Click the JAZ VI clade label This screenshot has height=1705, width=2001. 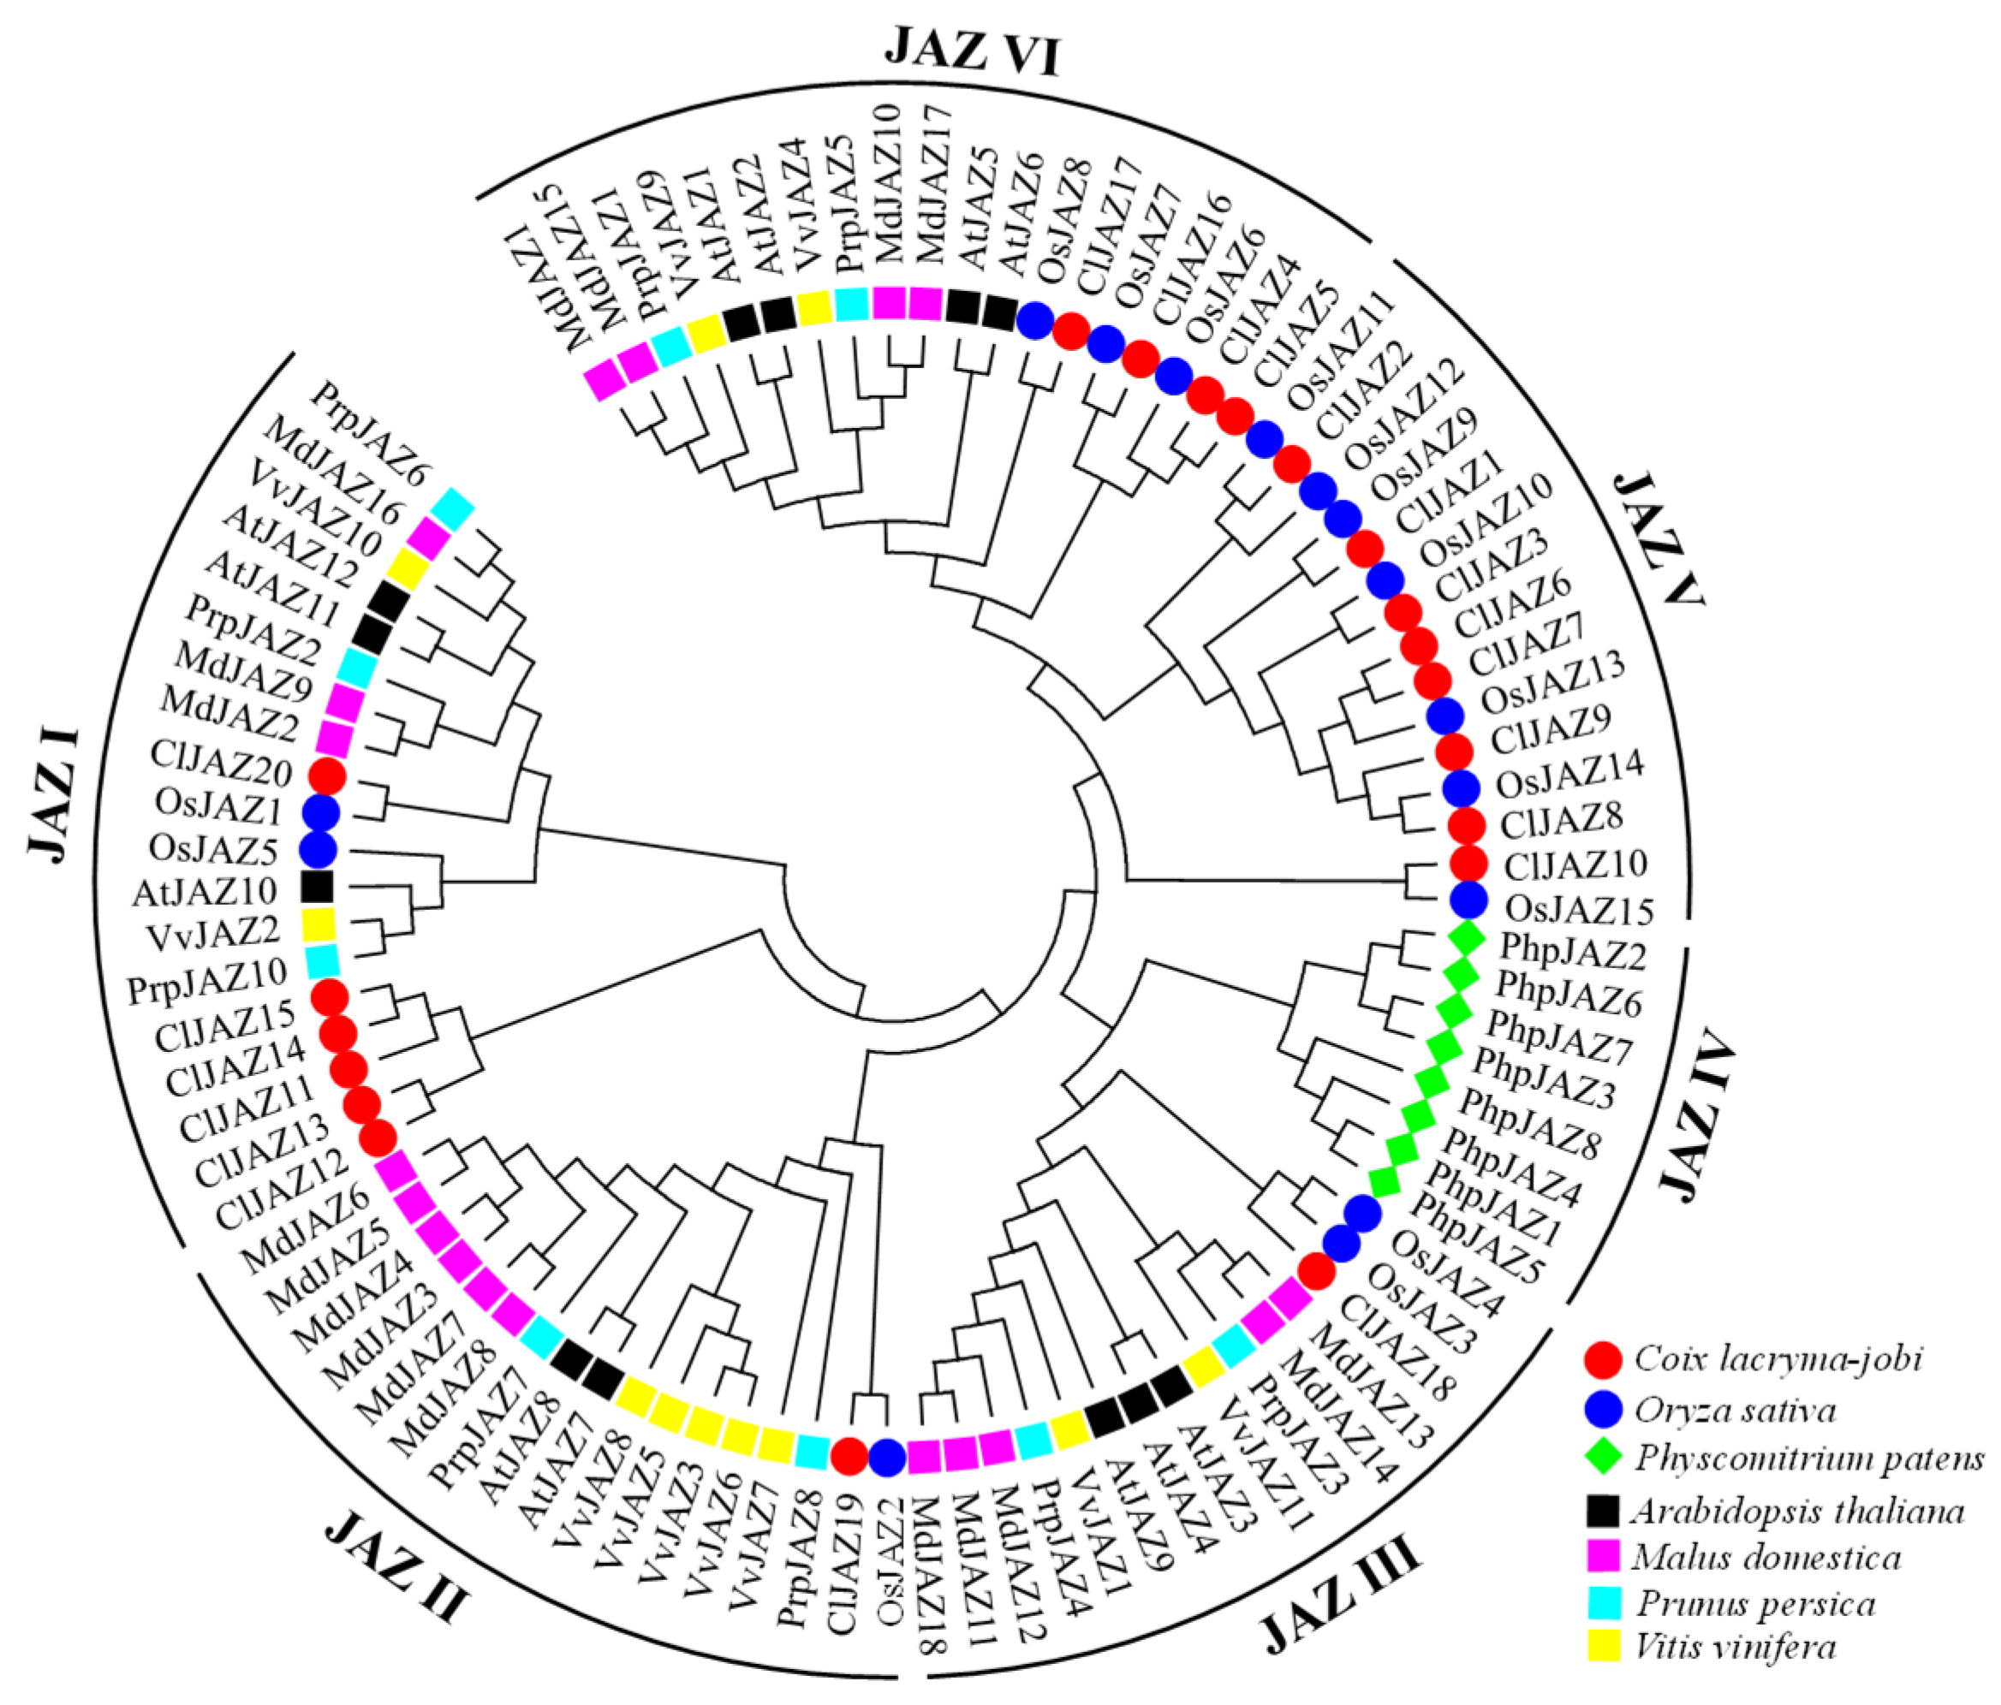click(x=972, y=50)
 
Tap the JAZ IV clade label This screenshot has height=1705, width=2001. click(x=1697, y=1123)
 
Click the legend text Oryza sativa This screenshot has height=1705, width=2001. click(x=1735, y=1411)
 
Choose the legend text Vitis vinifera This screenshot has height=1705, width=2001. click(x=1735, y=1646)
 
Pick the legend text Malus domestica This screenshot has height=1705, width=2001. click(x=1766, y=1557)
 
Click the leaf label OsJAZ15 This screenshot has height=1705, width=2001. click(x=1579, y=910)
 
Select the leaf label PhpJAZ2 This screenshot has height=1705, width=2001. click(x=1571, y=951)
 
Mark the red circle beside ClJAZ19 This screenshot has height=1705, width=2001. click(x=849, y=1456)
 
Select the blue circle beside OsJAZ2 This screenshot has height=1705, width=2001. click(x=886, y=1458)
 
